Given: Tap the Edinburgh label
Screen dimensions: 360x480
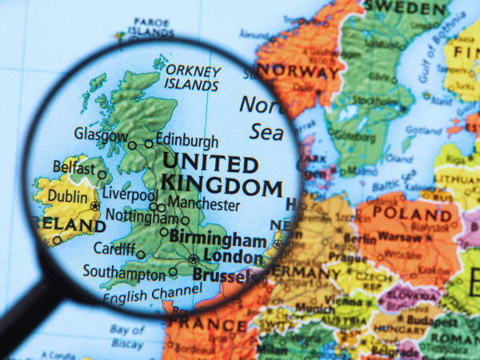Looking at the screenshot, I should click(186, 140).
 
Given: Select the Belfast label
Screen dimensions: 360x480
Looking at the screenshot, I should click(74, 166).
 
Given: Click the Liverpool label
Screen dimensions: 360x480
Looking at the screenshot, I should click(130, 195).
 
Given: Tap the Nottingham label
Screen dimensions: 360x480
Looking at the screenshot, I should click(142, 217).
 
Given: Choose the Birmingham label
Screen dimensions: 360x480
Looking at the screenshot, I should click(218, 239).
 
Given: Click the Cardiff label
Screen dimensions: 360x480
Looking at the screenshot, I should click(114, 249).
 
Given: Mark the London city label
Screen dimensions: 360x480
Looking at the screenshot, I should click(233, 257).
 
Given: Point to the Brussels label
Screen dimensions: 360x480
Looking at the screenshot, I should click(222, 276).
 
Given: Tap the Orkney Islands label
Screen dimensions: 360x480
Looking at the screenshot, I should click(191, 76).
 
